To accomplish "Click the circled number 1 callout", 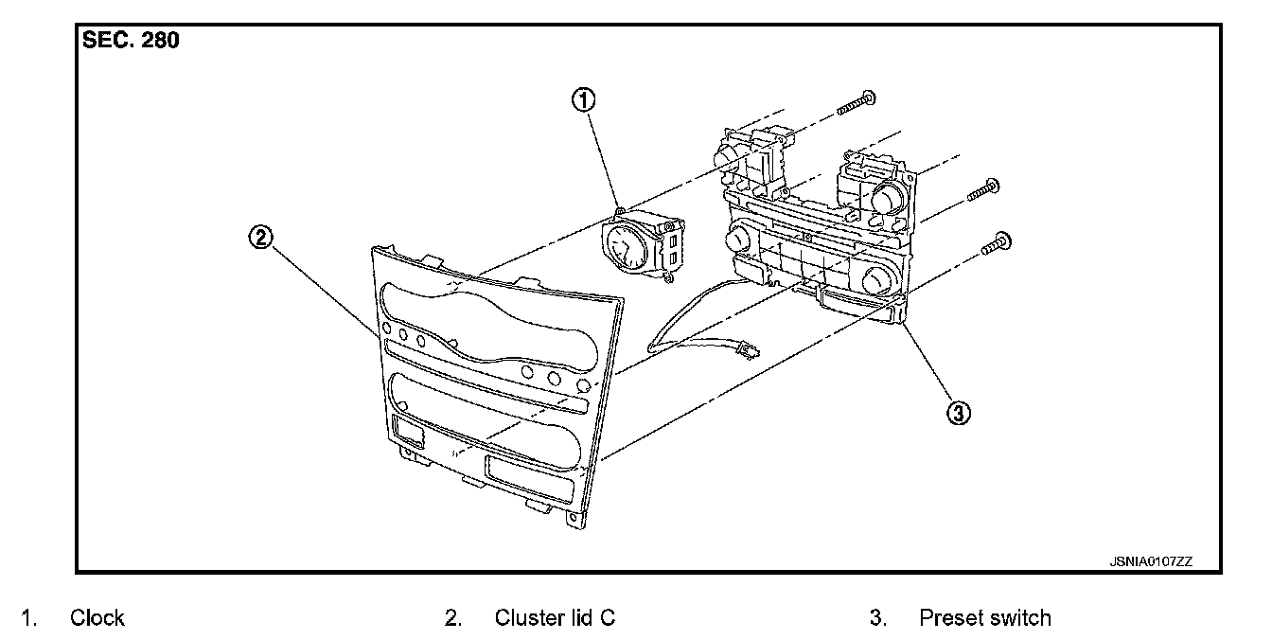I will (x=586, y=98).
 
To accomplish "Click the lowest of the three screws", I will (x=994, y=243).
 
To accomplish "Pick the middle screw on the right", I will (x=981, y=190).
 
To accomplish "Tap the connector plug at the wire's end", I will (x=749, y=352).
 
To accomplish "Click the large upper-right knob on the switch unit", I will (x=887, y=198).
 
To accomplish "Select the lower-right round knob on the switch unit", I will (x=875, y=279).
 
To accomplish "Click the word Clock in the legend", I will (x=97, y=618).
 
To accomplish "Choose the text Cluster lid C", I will (x=555, y=618).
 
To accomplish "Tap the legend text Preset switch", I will (x=984, y=618).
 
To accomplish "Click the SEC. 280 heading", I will (x=131, y=42).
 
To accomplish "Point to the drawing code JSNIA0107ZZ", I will (x=1151, y=561).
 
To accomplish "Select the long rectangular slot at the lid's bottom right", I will (x=531, y=479).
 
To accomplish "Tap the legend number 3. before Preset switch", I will (x=877, y=618).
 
